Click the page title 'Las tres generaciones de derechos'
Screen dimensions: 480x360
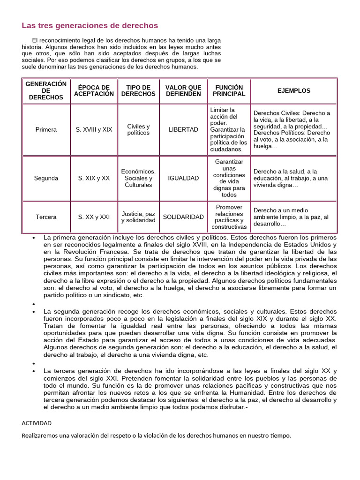(90, 25)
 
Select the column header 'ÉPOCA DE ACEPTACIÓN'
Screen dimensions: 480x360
(94, 91)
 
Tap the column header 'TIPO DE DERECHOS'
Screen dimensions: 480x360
(138, 91)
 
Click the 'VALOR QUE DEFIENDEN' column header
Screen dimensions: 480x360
(183, 91)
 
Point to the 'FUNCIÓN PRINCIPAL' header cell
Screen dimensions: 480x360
(229, 91)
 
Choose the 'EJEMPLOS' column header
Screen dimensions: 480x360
(293, 91)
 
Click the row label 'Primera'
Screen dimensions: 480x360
(46, 130)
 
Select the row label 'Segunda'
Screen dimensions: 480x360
(46, 179)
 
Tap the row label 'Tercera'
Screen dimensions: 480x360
(46, 217)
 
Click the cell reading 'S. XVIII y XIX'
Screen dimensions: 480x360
(94, 130)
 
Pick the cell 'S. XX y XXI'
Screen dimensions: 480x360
(94, 217)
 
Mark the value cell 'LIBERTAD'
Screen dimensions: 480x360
(183, 130)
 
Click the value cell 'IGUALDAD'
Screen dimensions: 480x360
(183, 179)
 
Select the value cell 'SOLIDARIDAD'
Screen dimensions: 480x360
(183, 217)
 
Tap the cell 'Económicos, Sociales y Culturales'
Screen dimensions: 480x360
(138, 179)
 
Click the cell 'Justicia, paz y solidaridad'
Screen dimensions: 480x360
(138, 217)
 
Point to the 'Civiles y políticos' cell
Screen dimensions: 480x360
(138, 130)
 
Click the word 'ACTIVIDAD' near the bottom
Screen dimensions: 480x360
(37, 423)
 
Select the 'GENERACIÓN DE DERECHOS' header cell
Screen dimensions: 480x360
(46, 91)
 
